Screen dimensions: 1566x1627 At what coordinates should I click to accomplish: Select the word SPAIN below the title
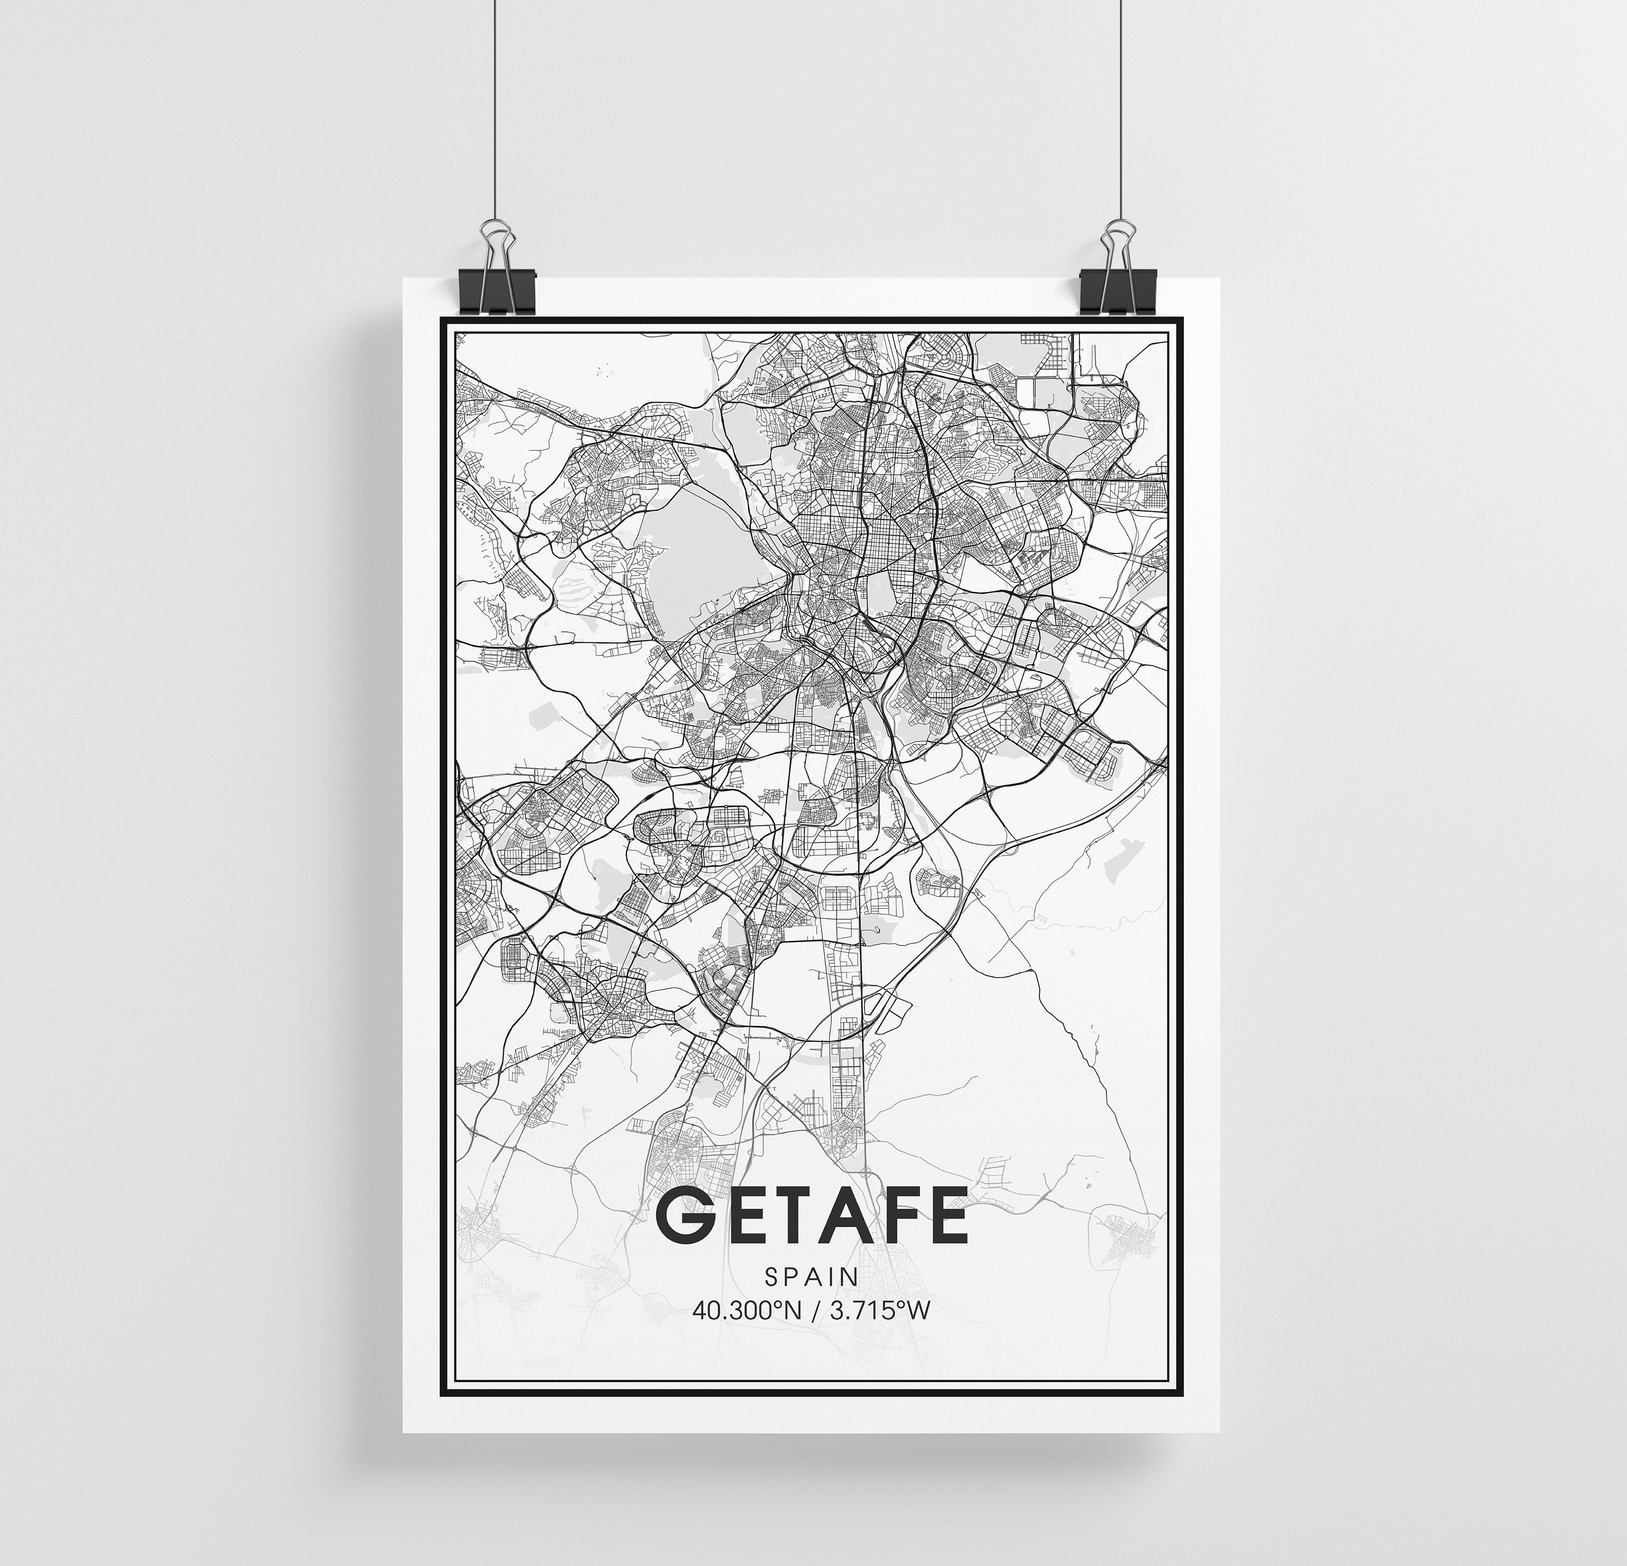812,1275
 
